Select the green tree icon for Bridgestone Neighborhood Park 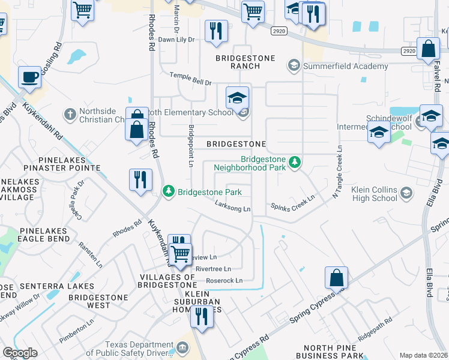coord(294,162)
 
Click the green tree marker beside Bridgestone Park coord(169,192)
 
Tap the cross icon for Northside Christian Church coord(70,113)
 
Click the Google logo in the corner coord(20,353)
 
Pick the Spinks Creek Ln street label coord(292,202)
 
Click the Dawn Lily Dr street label coord(176,40)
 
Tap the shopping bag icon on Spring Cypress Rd coord(336,278)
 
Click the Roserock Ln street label coord(224,280)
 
